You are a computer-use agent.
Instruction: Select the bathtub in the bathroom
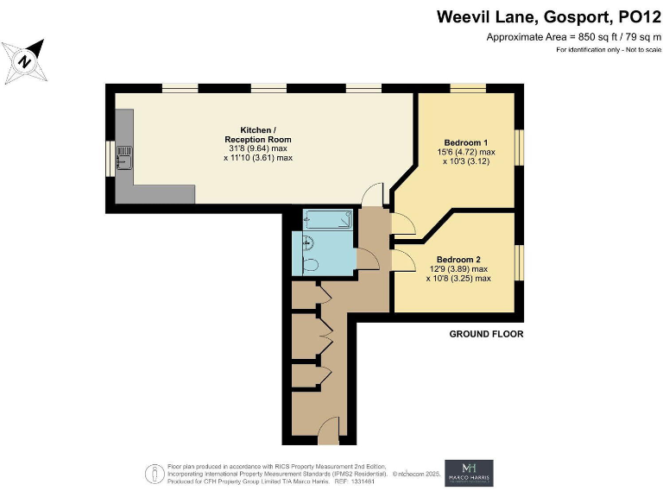point(327,219)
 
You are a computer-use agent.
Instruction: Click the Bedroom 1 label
point(466,142)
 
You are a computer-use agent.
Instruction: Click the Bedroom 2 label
point(458,260)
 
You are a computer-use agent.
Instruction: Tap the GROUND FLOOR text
point(486,334)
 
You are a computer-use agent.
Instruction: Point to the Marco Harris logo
point(469,473)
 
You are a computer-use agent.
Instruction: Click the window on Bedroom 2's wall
point(519,262)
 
